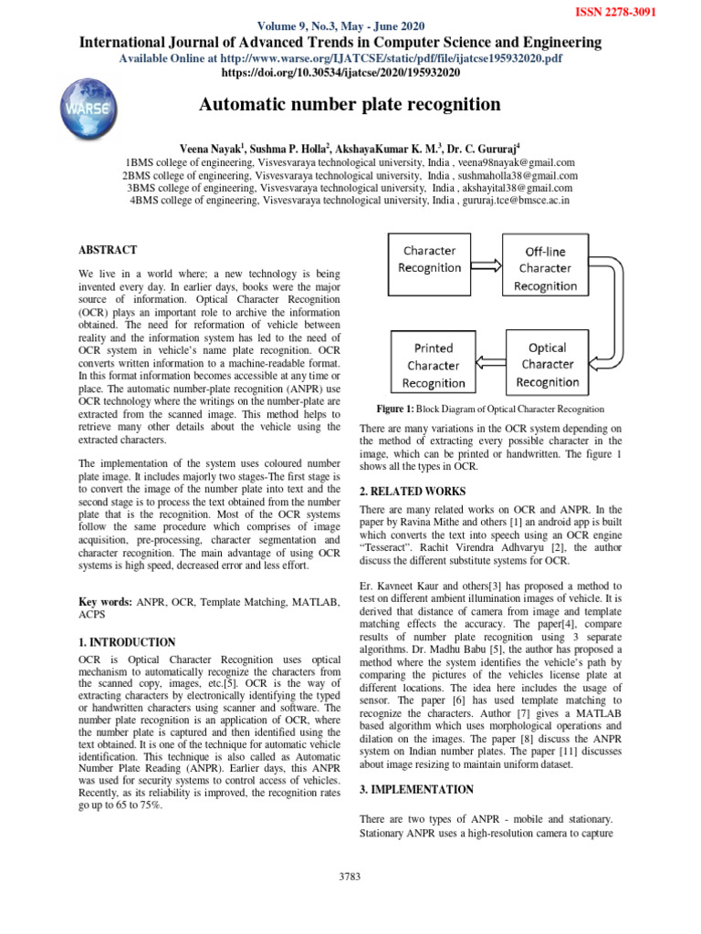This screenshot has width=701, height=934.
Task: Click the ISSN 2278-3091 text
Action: pos(629,13)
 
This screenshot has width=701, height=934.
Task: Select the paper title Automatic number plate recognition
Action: pos(350,105)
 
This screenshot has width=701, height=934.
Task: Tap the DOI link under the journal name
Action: pos(350,72)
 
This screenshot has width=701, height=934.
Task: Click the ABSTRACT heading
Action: pos(108,249)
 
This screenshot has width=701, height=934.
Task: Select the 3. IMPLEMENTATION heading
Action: pos(417,789)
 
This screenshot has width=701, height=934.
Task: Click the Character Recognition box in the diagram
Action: pos(430,259)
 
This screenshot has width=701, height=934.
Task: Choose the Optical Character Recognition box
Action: pos(547,365)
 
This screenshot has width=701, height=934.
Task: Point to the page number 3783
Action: pos(350,877)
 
